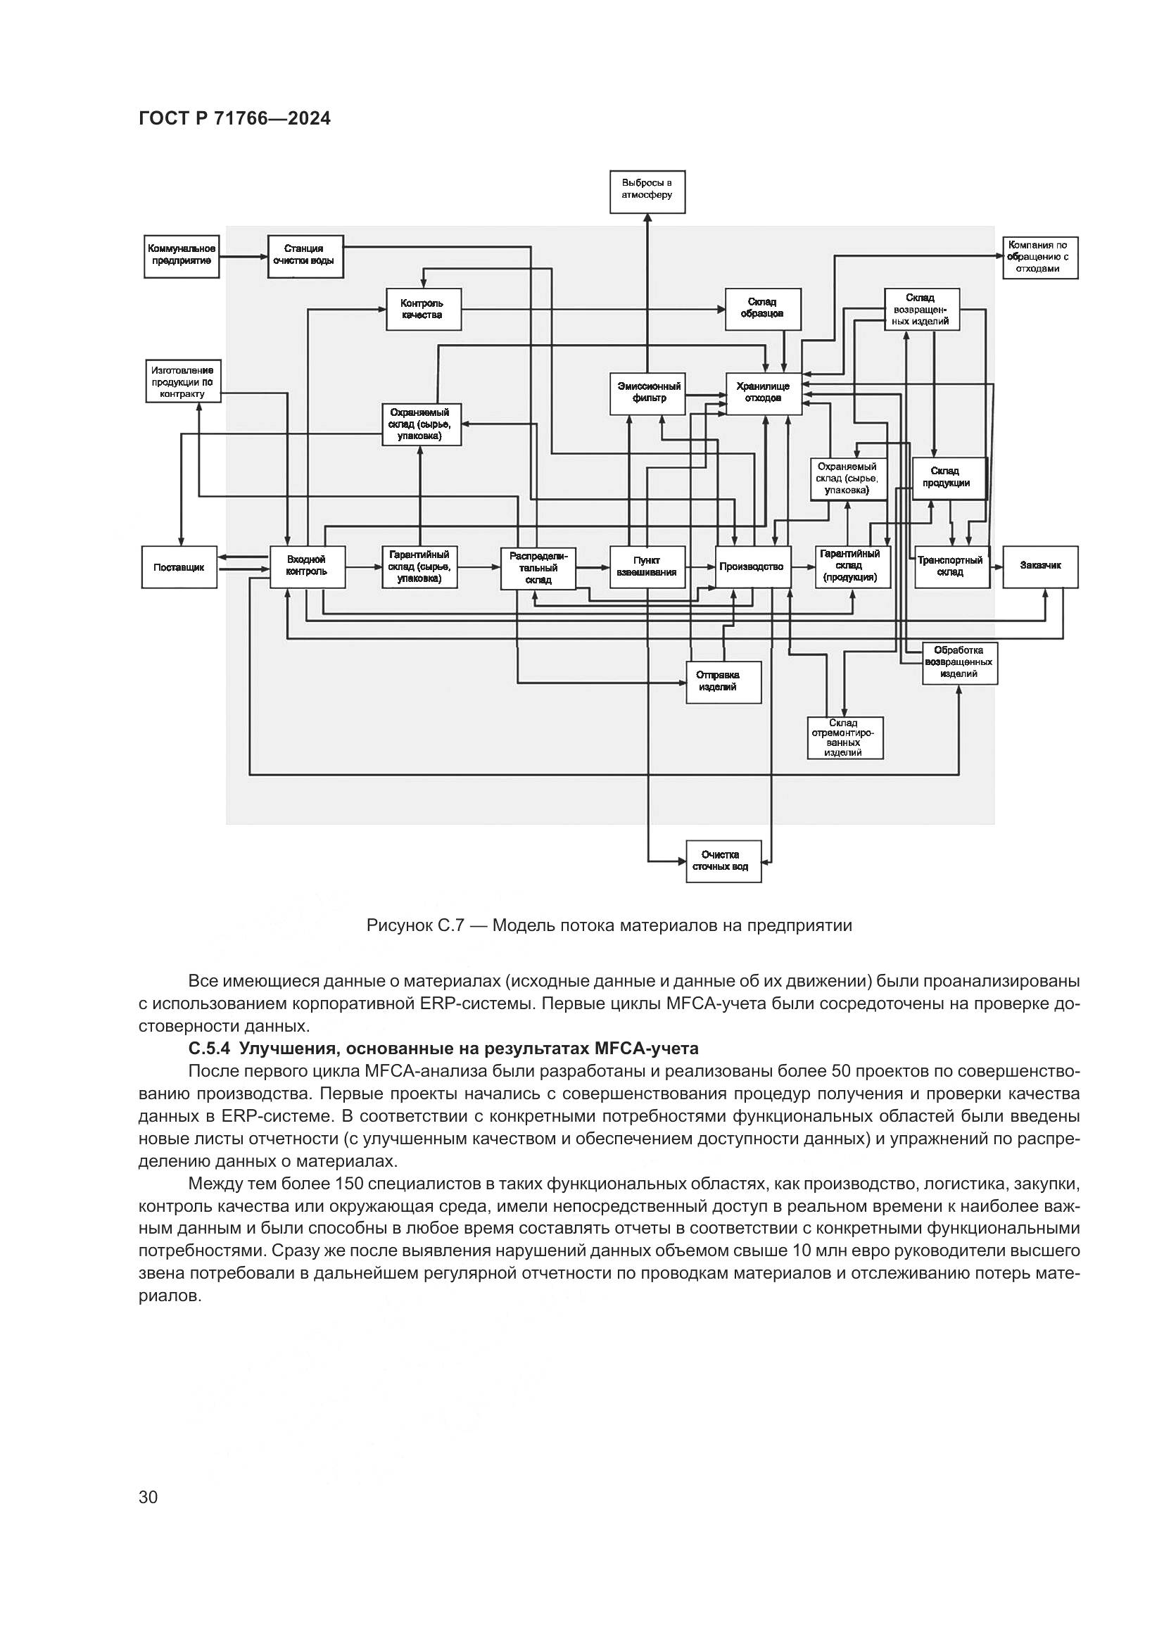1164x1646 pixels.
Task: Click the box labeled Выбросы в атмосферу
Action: point(647,191)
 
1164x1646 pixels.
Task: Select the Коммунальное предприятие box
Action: point(181,256)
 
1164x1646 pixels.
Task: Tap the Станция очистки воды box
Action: point(305,256)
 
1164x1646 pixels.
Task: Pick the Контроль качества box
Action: point(424,309)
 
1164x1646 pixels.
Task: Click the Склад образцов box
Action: point(763,309)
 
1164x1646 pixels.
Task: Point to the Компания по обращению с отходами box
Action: point(1040,258)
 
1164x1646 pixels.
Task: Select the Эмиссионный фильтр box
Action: point(647,393)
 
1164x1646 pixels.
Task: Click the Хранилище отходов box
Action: point(764,393)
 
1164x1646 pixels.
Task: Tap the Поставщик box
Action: point(179,567)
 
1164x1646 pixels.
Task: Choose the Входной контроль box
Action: point(307,566)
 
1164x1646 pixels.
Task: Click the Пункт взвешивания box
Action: point(647,567)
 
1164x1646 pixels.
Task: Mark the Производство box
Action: point(752,566)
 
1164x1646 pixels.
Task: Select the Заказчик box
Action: point(1040,566)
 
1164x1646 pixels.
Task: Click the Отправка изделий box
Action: point(723,682)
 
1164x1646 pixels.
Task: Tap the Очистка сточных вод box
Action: point(723,861)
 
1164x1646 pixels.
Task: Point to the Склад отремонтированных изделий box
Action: point(845,737)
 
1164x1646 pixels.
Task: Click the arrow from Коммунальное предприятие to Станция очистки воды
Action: point(243,256)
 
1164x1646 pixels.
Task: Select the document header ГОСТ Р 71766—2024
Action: point(234,119)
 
